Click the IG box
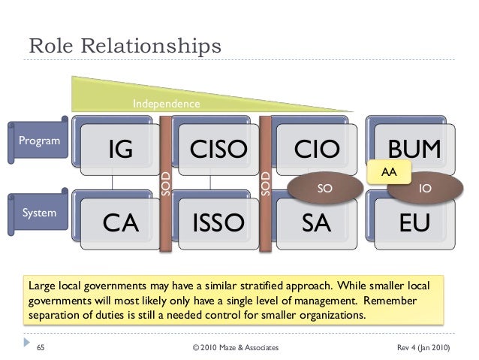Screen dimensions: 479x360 (x=120, y=150)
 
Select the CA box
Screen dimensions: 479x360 (x=120, y=222)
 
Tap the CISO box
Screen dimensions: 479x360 (x=218, y=150)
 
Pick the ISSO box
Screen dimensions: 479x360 (x=218, y=222)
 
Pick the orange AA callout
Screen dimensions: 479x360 (x=388, y=173)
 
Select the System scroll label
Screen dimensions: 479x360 (x=38, y=213)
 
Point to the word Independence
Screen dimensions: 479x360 (x=167, y=103)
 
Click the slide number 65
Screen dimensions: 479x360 (x=42, y=348)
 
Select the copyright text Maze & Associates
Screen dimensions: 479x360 (x=235, y=348)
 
